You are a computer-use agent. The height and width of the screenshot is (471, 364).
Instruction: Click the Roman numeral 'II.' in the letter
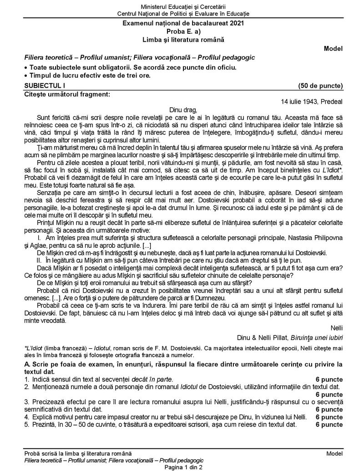40,261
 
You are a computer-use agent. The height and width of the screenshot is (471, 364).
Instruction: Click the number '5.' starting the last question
28,425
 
